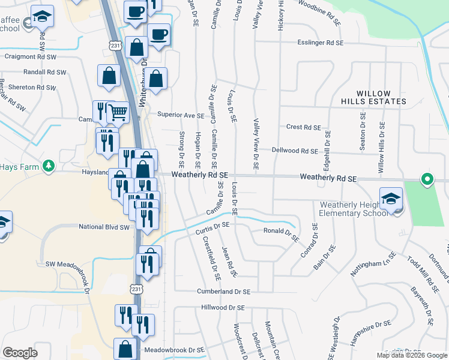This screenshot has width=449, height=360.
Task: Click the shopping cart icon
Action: click(x=117, y=112)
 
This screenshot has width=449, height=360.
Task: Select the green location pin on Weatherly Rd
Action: click(x=427, y=179)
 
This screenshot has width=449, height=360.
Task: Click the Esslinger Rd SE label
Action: click(x=321, y=43)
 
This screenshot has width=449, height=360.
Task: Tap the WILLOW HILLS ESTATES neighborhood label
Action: click(x=373, y=98)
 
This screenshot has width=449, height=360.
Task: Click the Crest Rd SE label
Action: click(x=304, y=127)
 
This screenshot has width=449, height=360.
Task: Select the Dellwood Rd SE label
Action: click(x=294, y=151)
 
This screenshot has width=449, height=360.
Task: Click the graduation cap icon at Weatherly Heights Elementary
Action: click(x=391, y=198)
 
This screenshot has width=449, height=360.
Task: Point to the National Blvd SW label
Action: click(x=104, y=227)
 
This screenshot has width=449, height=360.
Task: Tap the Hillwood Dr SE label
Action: click(x=223, y=307)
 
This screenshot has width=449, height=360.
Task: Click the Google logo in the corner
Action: click(x=20, y=352)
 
